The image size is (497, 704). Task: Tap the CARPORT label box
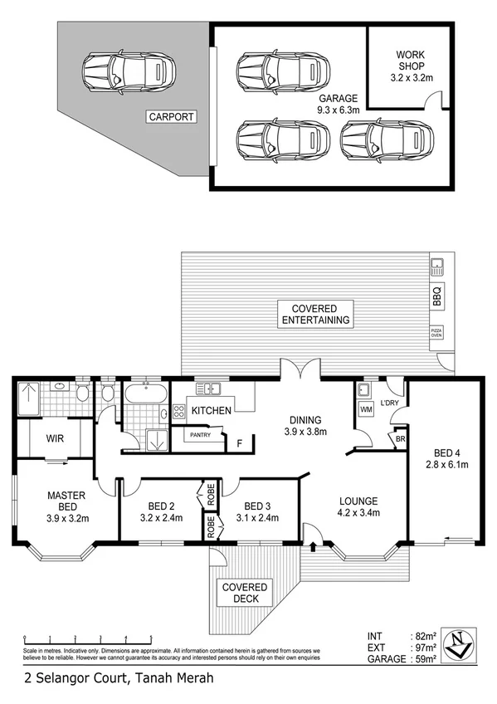[172, 117]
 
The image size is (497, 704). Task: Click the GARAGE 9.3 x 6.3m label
[338, 103]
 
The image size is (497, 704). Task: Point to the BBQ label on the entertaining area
[437, 295]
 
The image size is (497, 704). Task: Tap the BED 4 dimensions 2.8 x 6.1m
[444, 465]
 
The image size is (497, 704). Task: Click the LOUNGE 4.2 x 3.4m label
[358, 506]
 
